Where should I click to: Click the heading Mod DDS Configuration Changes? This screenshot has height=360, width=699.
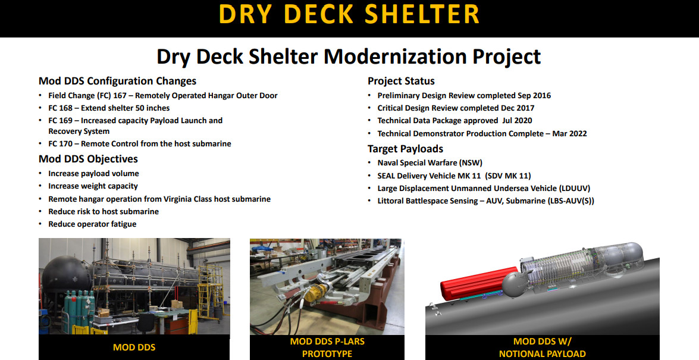(117, 81)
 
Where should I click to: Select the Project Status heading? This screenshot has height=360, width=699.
(401, 81)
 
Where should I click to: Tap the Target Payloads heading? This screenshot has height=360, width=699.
(405, 149)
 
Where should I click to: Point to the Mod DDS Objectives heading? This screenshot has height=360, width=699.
(88, 159)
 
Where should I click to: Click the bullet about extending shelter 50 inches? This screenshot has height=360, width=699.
(109, 108)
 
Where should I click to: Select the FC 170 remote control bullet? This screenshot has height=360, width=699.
(139, 143)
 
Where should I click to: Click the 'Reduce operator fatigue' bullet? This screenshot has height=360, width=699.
(92, 224)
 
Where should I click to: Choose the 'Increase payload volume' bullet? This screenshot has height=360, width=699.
(93, 174)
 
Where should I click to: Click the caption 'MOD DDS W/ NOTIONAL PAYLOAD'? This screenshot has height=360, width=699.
(542, 348)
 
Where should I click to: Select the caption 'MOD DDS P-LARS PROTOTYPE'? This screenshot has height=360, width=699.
(327, 348)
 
